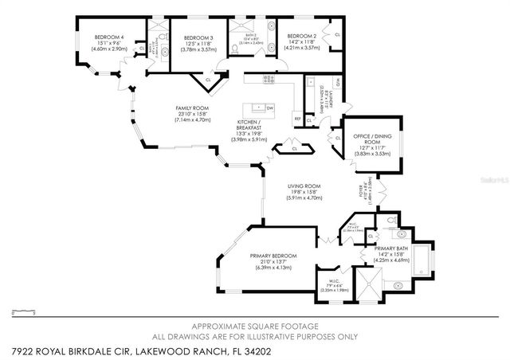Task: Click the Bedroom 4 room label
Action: [106, 37]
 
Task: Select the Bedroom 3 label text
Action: [198, 37]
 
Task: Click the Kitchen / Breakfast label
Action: [250, 127]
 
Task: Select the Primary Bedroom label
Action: [273, 256]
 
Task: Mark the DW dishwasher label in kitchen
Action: [270, 108]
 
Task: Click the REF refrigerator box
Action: [297, 119]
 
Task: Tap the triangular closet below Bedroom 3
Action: [207, 80]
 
